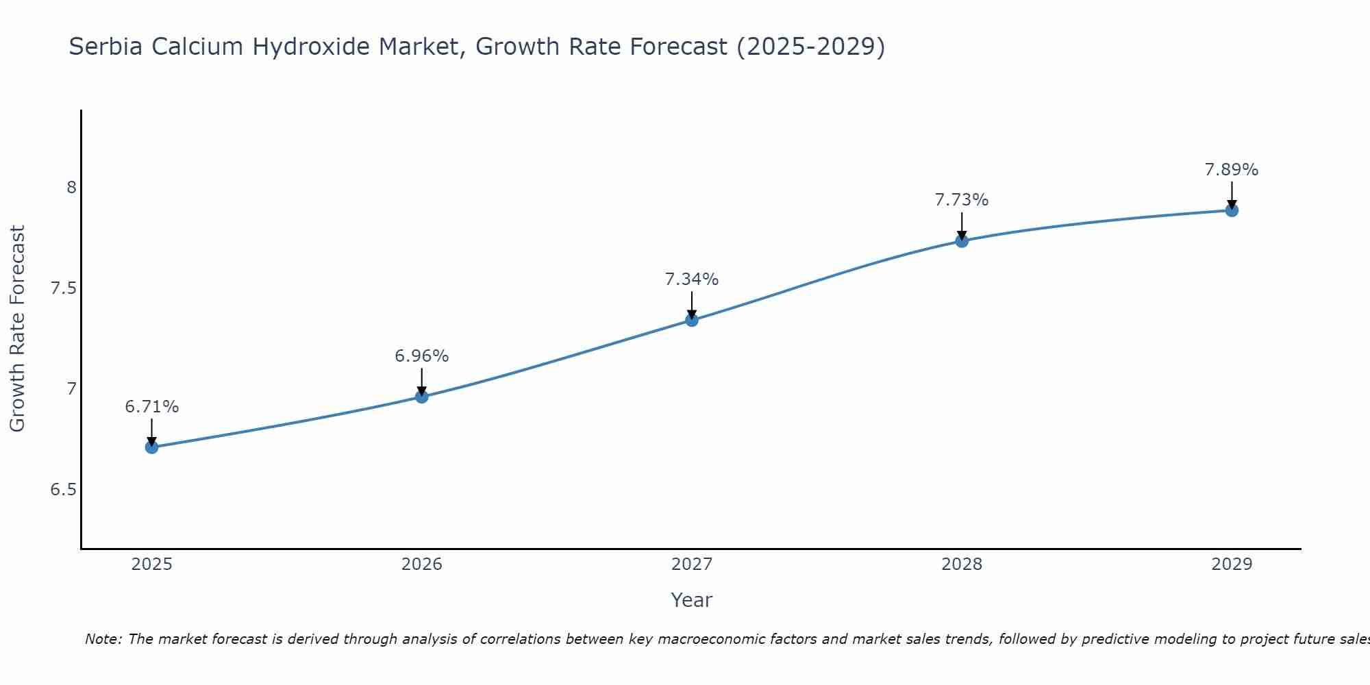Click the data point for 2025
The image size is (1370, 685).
152,447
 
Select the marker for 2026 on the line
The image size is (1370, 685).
422,397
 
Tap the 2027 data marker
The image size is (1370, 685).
692,320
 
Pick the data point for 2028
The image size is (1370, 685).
962,241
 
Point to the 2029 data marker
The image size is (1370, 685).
1232,210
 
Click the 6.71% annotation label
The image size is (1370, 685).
152,407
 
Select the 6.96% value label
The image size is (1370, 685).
422,356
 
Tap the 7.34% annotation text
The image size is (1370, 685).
692,279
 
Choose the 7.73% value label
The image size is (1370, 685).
962,200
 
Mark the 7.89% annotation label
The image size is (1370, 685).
1232,170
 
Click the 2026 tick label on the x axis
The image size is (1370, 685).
422,564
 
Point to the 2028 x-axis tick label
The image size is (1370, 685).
962,564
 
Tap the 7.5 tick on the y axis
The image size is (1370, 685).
64,288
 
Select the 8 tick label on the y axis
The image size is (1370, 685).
71,187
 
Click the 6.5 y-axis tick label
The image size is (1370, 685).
64,490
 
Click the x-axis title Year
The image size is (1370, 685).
692,600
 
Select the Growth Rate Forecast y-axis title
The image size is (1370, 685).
17,329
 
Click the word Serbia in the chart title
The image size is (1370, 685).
105,47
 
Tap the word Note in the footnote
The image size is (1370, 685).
103,639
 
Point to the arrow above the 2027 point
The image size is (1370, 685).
692,305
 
